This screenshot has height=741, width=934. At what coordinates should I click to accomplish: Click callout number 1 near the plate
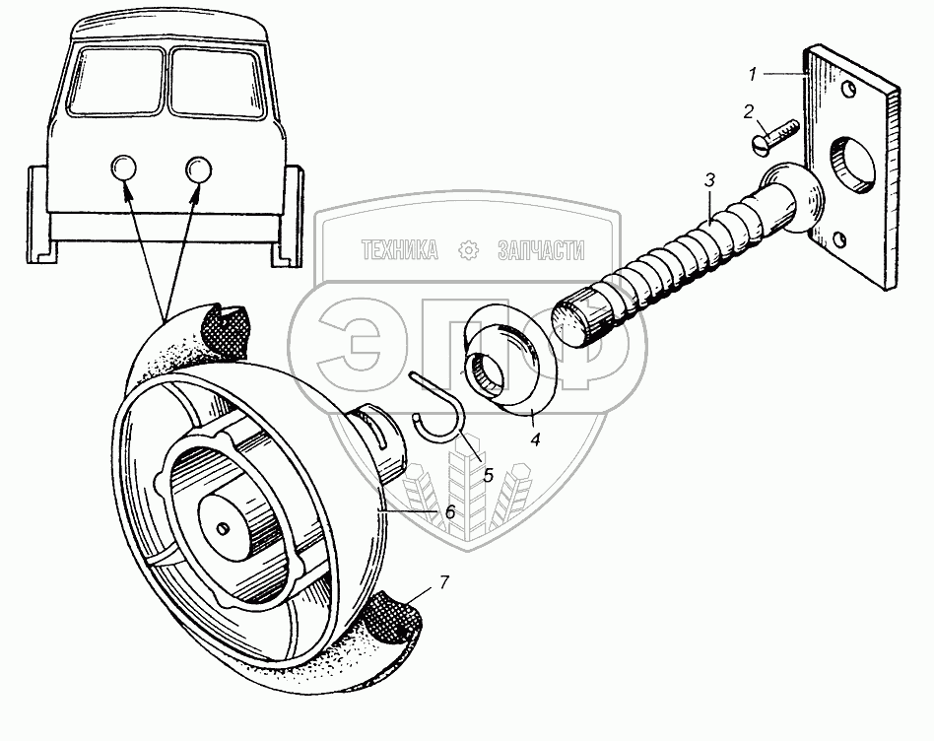(753, 75)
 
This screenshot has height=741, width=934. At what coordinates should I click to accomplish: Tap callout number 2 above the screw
(748, 111)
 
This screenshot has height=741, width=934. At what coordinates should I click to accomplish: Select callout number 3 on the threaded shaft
(708, 181)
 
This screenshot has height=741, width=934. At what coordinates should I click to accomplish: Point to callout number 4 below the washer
(536, 439)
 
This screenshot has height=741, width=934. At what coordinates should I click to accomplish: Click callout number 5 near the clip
(488, 475)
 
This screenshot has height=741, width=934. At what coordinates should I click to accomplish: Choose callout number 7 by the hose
(443, 582)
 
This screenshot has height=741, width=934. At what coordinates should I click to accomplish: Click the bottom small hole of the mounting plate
(838, 240)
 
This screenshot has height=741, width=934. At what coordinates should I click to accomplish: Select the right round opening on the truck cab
(198, 168)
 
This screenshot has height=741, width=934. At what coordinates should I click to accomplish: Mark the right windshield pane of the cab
(218, 82)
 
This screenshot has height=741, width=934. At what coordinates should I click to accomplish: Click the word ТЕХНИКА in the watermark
(400, 250)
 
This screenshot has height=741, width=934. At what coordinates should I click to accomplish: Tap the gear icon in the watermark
(469, 250)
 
